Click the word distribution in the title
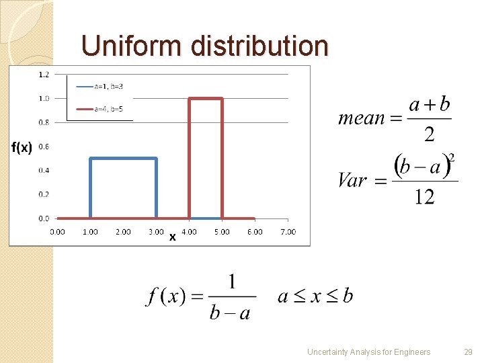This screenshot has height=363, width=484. pyautogui.click(x=259, y=46)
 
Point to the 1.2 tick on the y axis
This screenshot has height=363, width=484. pyautogui.click(x=44, y=74)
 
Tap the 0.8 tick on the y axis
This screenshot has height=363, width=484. pyautogui.click(x=44, y=122)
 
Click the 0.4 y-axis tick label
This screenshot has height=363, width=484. pyautogui.click(x=44, y=170)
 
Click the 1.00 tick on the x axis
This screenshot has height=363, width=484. pyautogui.click(x=90, y=232)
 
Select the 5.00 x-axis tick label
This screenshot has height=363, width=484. pyautogui.click(x=222, y=232)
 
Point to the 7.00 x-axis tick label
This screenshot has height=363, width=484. pyautogui.click(x=288, y=232)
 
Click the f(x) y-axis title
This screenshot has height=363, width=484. pyautogui.click(x=22, y=148)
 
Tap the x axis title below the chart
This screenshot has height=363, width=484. pyautogui.click(x=173, y=237)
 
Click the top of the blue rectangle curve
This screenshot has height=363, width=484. pyautogui.click(x=124, y=159)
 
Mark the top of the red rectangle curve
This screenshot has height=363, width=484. pyautogui.click(x=206, y=99)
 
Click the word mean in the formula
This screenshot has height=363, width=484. pyautogui.click(x=361, y=119)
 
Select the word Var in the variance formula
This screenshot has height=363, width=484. pyautogui.click(x=353, y=180)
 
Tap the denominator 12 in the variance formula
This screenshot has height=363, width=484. pyautogui.click(x=424, y=197)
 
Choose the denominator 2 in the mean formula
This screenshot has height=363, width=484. pyautogui.click(x=429, y=134)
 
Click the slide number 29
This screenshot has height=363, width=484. pyautogui.click(x=469, y=352)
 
